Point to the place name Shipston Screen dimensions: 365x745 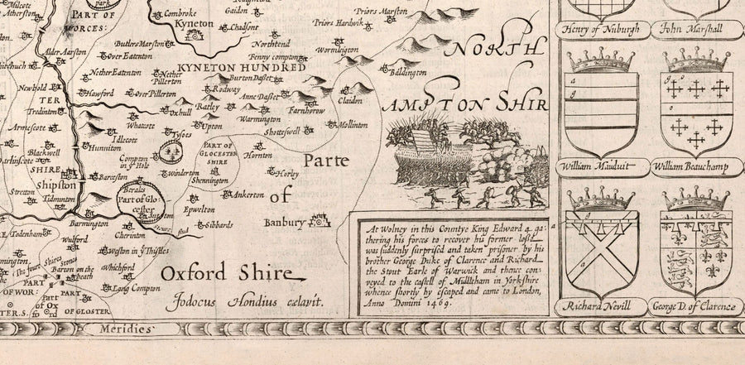pos(52,186)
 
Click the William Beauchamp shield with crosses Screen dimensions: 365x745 pos(695,106)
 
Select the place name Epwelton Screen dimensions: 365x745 pos(211,211)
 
